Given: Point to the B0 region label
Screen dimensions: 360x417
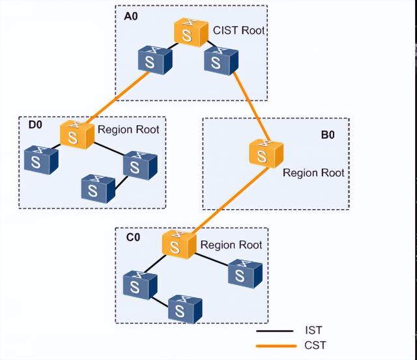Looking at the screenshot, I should [x=328, y=136].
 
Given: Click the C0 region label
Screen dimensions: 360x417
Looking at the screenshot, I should [x=132, y=237].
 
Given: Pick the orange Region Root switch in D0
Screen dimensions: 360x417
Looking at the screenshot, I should [x=76, y=134].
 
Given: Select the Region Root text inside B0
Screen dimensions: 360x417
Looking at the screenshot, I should [x=313, y=173].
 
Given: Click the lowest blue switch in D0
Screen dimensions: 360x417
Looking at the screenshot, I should [x=98, y=188].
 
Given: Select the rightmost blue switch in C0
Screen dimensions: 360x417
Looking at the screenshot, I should [x=246, y=273].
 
